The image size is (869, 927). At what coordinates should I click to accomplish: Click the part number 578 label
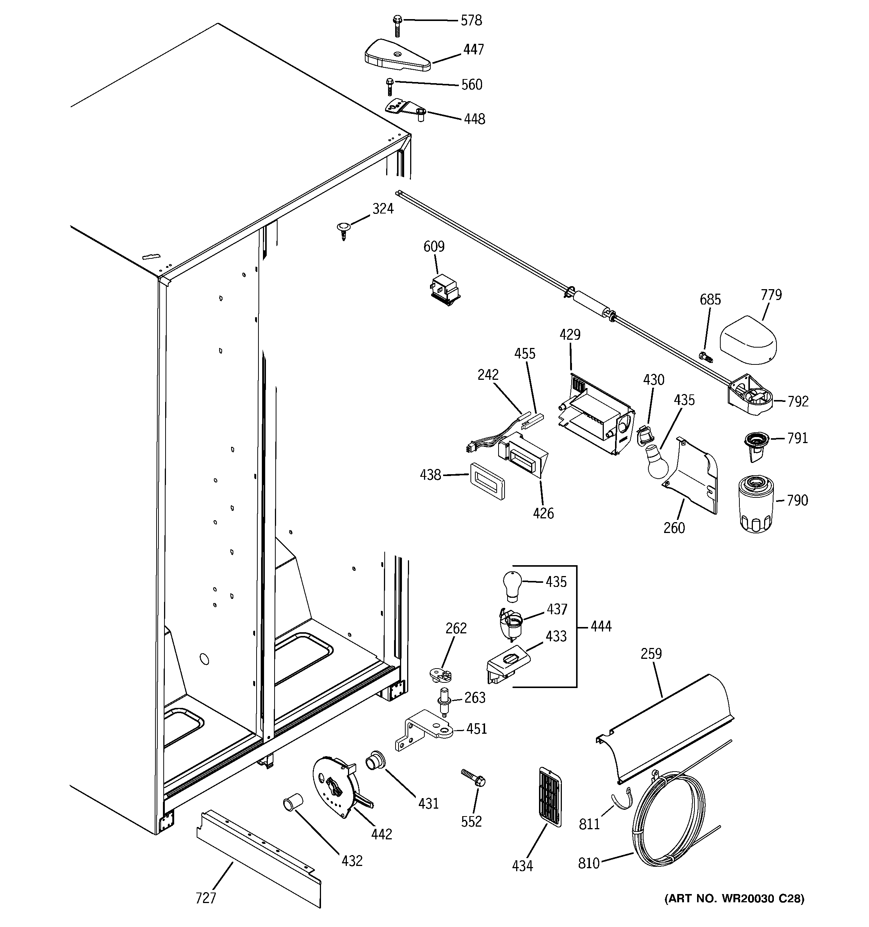click(x=471, y=21)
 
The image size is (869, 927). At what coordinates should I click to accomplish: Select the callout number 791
click(x=797, y=438)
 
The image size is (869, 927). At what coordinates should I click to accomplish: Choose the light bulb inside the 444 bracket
click(x=511, y=582)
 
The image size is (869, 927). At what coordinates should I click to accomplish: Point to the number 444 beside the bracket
click(x=601, y=626)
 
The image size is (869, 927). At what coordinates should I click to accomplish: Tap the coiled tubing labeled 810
click(x=669, y=828)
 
